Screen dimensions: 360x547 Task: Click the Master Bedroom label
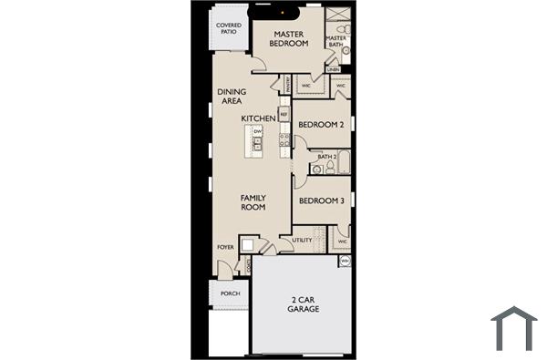[291, 38]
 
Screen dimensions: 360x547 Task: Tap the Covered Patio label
[228, 28]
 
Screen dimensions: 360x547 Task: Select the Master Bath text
[335, 40]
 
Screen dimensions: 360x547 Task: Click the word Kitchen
[258, 118]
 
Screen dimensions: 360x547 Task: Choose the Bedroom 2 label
[321, 125]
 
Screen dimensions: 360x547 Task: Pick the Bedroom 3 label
[321, 201]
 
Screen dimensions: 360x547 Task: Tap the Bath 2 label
[327, 157]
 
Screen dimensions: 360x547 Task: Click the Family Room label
[253, 202]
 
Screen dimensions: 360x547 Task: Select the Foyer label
[225, 247]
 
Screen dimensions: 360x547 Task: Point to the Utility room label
[302, 241]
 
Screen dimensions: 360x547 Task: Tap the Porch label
[231, 294]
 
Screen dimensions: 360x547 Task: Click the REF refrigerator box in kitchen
[284, 115]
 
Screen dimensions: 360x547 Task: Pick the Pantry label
[287, 84]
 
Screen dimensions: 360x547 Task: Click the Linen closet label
[335, 69]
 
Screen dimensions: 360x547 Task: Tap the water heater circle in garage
[345, 260]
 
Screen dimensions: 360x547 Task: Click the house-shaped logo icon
[514, 328]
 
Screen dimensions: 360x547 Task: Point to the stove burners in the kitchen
[284, 140]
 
